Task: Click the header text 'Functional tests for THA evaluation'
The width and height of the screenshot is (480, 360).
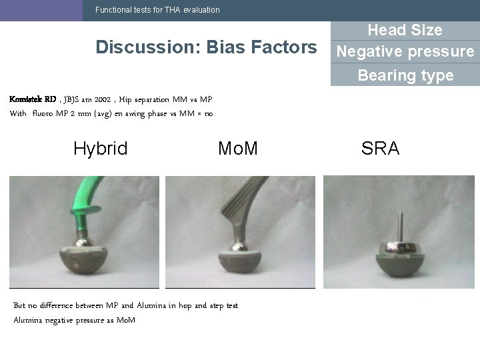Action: pos(157,10)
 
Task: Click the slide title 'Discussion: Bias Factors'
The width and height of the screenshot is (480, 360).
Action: pos(206,47)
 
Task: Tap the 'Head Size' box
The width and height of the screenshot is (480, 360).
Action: pos(405,30)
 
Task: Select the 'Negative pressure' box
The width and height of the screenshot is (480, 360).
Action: pos(405,52)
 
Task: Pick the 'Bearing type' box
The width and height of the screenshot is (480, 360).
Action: pos(405,75)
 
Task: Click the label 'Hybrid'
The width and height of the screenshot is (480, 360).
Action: pos(100,149)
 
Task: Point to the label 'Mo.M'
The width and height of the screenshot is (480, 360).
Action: pos(237,149)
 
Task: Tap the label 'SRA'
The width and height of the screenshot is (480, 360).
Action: pos(380,149)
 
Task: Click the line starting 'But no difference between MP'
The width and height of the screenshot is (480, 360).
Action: pos(126,306)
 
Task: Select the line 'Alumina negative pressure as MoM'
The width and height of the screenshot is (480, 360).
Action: pos(75,321)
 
